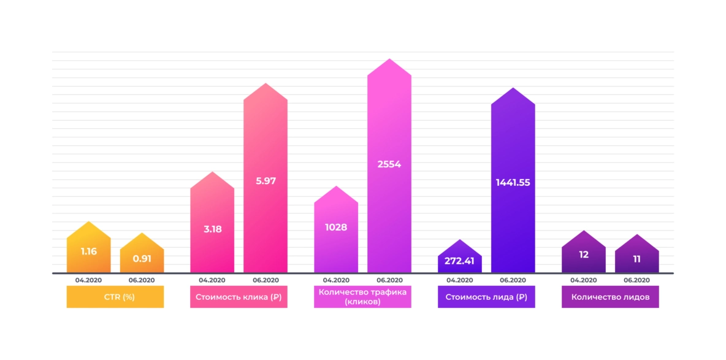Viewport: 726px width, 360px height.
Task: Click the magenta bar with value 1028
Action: (x=336, y=230)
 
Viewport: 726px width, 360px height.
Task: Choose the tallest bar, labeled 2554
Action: (x=389, y=166)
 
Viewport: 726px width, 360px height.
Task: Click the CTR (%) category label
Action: (x=115, y=297)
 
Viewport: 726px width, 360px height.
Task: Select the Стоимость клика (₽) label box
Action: (x=239, y=297)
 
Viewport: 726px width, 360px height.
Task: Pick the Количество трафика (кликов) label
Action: (x=362, y=297)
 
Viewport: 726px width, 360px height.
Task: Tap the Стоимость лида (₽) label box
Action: (x=486, y=297)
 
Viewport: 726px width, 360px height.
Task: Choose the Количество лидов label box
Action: (x=610, y=297)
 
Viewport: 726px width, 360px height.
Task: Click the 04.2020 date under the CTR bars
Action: (x=88, y=280)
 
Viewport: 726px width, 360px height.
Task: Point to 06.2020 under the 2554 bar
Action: (x=389, y=280)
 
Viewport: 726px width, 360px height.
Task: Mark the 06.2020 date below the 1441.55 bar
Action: (x=513, y=280)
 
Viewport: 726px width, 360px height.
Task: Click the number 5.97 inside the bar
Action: (x=266, y=181)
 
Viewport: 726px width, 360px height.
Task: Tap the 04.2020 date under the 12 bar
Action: (x=584, y=280)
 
